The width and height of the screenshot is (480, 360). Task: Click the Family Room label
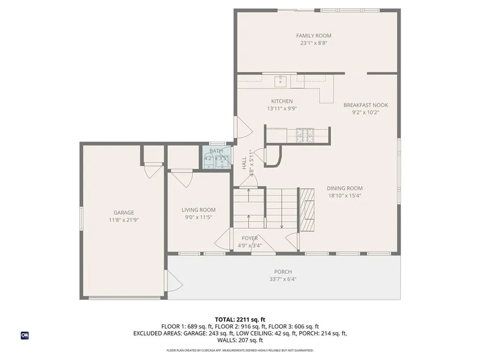(314, 36)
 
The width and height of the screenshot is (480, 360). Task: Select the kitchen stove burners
(306, 135)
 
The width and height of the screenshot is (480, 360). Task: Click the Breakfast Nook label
(366, 105)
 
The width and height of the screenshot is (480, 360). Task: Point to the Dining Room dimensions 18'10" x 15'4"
(345, 196)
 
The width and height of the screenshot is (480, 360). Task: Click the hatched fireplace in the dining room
(307, 209)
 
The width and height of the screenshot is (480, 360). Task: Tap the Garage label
(124, 212)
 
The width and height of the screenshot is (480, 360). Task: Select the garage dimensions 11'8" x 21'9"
(124, 219)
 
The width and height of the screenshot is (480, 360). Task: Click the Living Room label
(199, 210)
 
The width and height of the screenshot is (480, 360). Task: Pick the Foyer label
(249, 238)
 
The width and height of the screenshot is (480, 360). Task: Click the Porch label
(283, 272)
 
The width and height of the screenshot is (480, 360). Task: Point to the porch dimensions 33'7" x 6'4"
(283, 279)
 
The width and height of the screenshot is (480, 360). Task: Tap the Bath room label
(216, 151)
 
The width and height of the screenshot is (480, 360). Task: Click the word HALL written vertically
(244, 163)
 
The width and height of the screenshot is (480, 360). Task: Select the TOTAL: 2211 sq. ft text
(240, 319)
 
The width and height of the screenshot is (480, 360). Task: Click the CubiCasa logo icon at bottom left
(24, 335)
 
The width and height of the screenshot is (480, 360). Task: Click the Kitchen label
(282, 101)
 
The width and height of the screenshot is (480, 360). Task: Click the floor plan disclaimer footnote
(240, 350)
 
